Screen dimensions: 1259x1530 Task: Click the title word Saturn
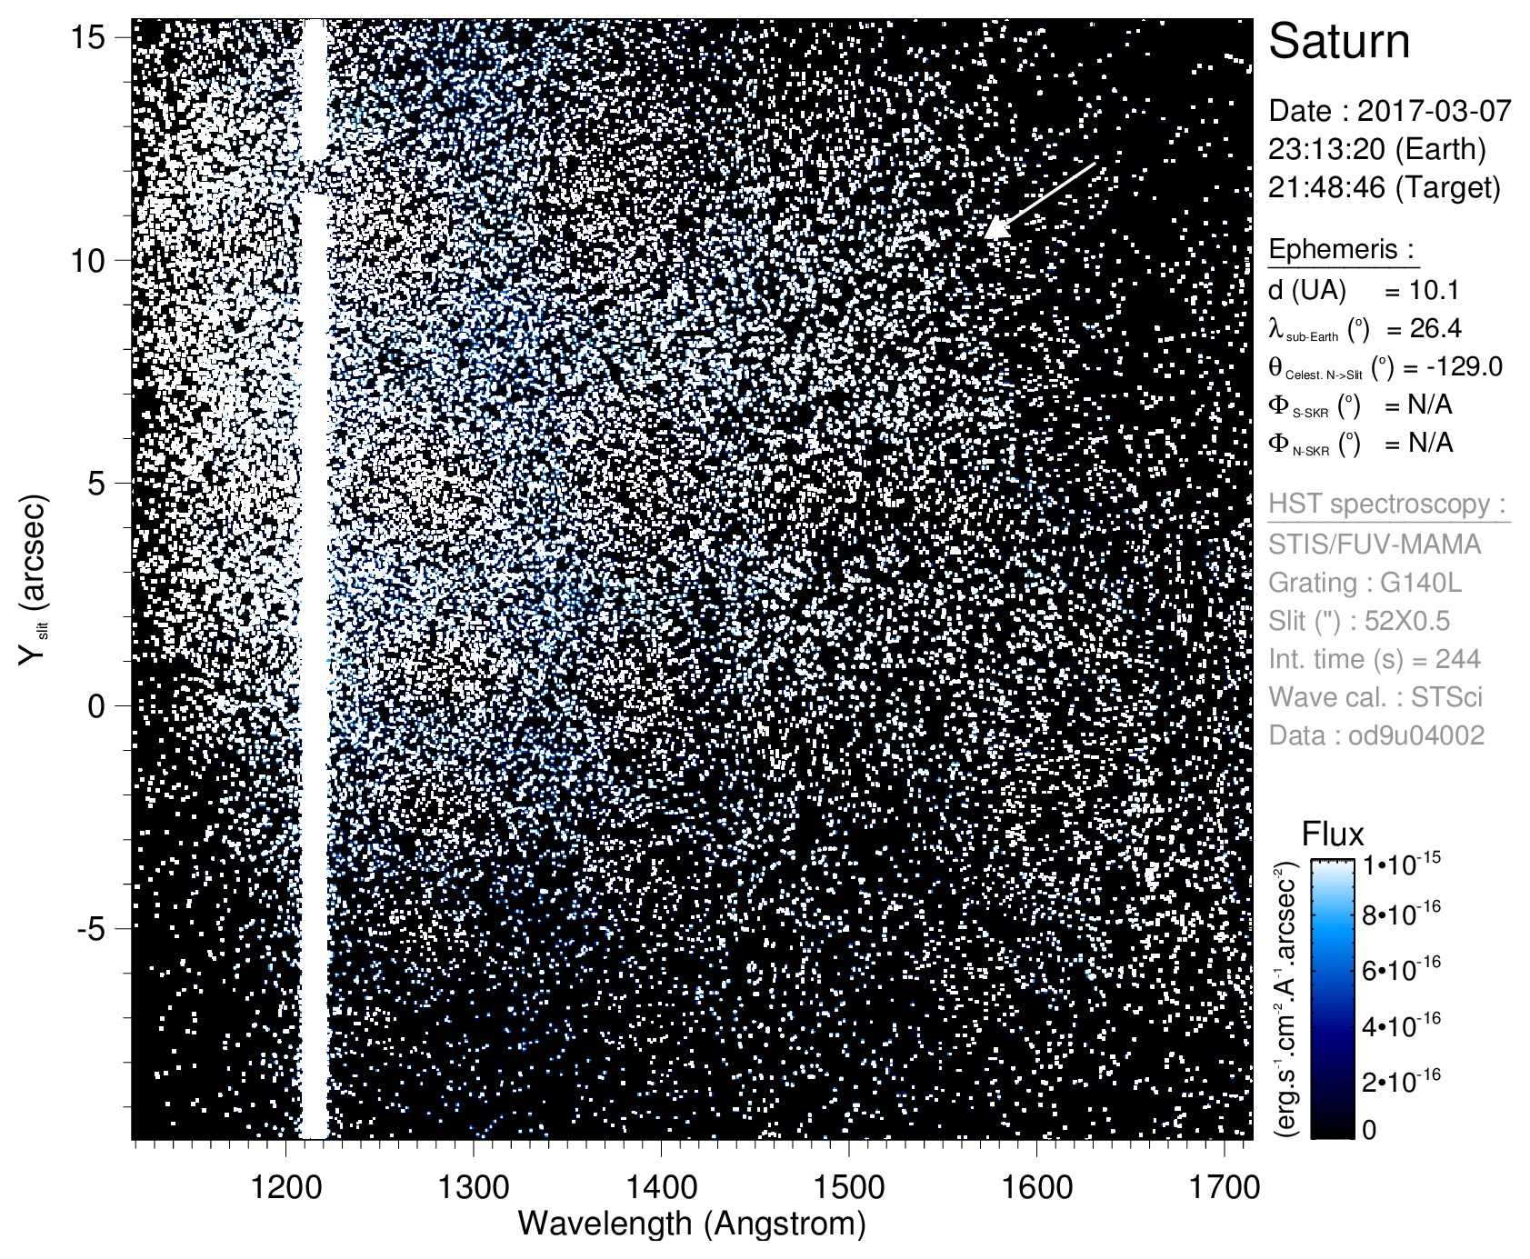(1339, 43)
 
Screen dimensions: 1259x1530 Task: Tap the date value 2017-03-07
(1434, 111)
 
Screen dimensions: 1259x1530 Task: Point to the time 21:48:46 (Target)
(1385, 187)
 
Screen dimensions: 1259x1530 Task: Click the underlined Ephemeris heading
(1342, 249)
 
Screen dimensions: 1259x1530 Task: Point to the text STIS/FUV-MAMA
(1375, 544)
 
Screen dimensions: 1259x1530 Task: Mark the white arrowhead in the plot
(997, 228)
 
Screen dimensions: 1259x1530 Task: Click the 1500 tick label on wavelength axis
(848, 1186)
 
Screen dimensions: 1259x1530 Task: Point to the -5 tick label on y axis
(91, 929)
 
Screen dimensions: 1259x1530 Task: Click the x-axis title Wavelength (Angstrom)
(692, 1224)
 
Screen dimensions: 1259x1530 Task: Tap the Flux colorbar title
(1333, 834)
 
